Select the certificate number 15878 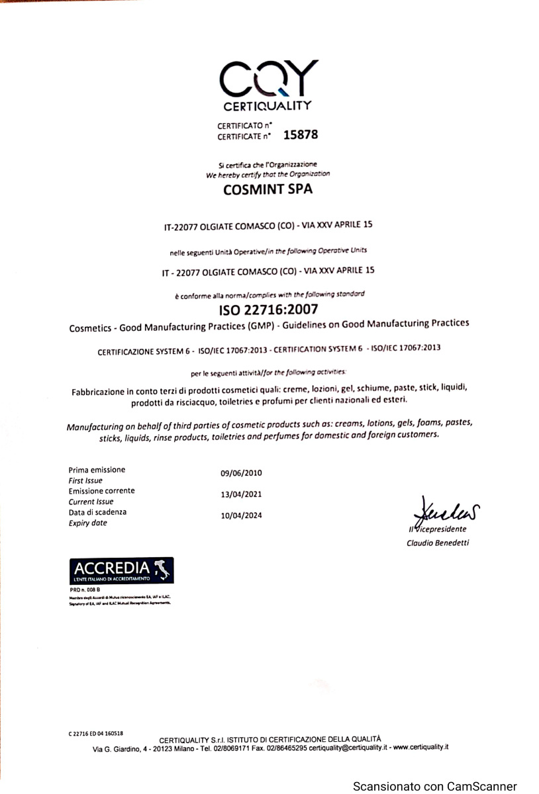(x=301, y=135)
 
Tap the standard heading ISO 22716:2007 (x=269, y=309)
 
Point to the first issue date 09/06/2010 (x=241, y=473)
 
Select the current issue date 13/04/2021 (x=241, y=494)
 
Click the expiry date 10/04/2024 (x=241, y=515)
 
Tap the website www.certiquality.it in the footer (x=421, y=748)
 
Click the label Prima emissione (x=97, y=470)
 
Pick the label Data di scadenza (x=97, y=512)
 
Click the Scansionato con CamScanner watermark (x=434, y=786)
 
